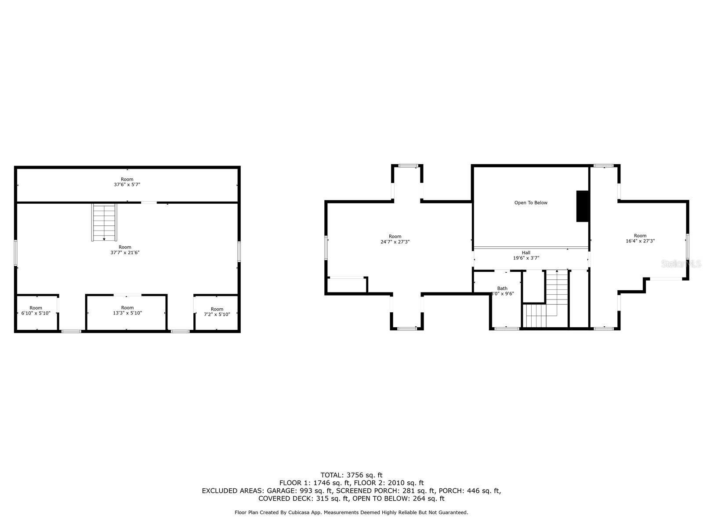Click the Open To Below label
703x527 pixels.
531,203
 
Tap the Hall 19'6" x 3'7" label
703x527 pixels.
526,256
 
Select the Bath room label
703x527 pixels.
502,289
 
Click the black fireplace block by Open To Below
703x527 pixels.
583,206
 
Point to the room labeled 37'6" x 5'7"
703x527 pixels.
127,182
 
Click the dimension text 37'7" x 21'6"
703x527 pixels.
125,253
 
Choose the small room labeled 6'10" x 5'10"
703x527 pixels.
36,310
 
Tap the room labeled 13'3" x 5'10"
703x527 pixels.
127,310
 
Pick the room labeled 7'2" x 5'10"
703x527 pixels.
217,312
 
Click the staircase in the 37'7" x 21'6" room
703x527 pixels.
104,222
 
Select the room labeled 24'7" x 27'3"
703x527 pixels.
395,239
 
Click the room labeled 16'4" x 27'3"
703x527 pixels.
640,238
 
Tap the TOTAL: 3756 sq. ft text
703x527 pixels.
351,475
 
